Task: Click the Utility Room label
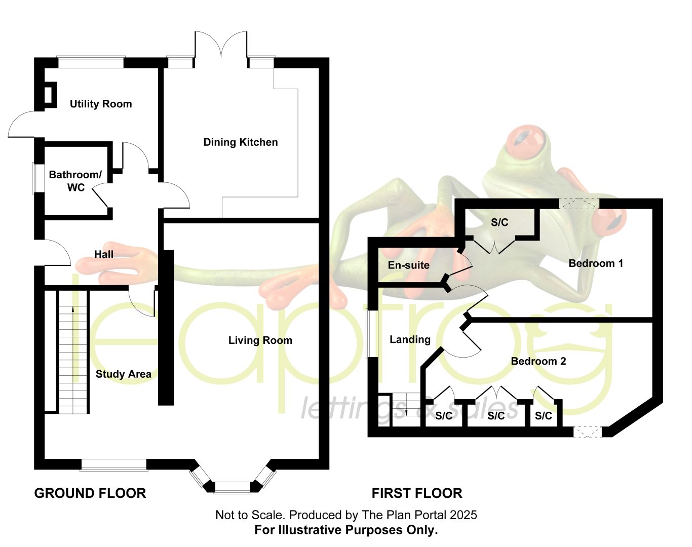[101, 104]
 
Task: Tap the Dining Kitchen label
[241, 142]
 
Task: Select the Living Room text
[260, 340]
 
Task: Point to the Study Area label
[124, 374]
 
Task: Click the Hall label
[103, 254]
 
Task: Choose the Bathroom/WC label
[75, 181]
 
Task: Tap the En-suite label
[408, 265]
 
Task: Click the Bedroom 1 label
[596, 263]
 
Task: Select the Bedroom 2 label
[539, 361]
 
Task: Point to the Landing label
[410, 339]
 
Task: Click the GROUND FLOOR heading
[90, 493]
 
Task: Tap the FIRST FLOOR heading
[417, 493]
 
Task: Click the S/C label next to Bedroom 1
[499, 222]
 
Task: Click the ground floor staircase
[73, 352]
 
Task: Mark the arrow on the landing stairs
[406, 405]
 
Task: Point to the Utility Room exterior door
[22, 124]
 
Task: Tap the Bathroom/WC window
[39, 178]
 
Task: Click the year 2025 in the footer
[464, 515]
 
